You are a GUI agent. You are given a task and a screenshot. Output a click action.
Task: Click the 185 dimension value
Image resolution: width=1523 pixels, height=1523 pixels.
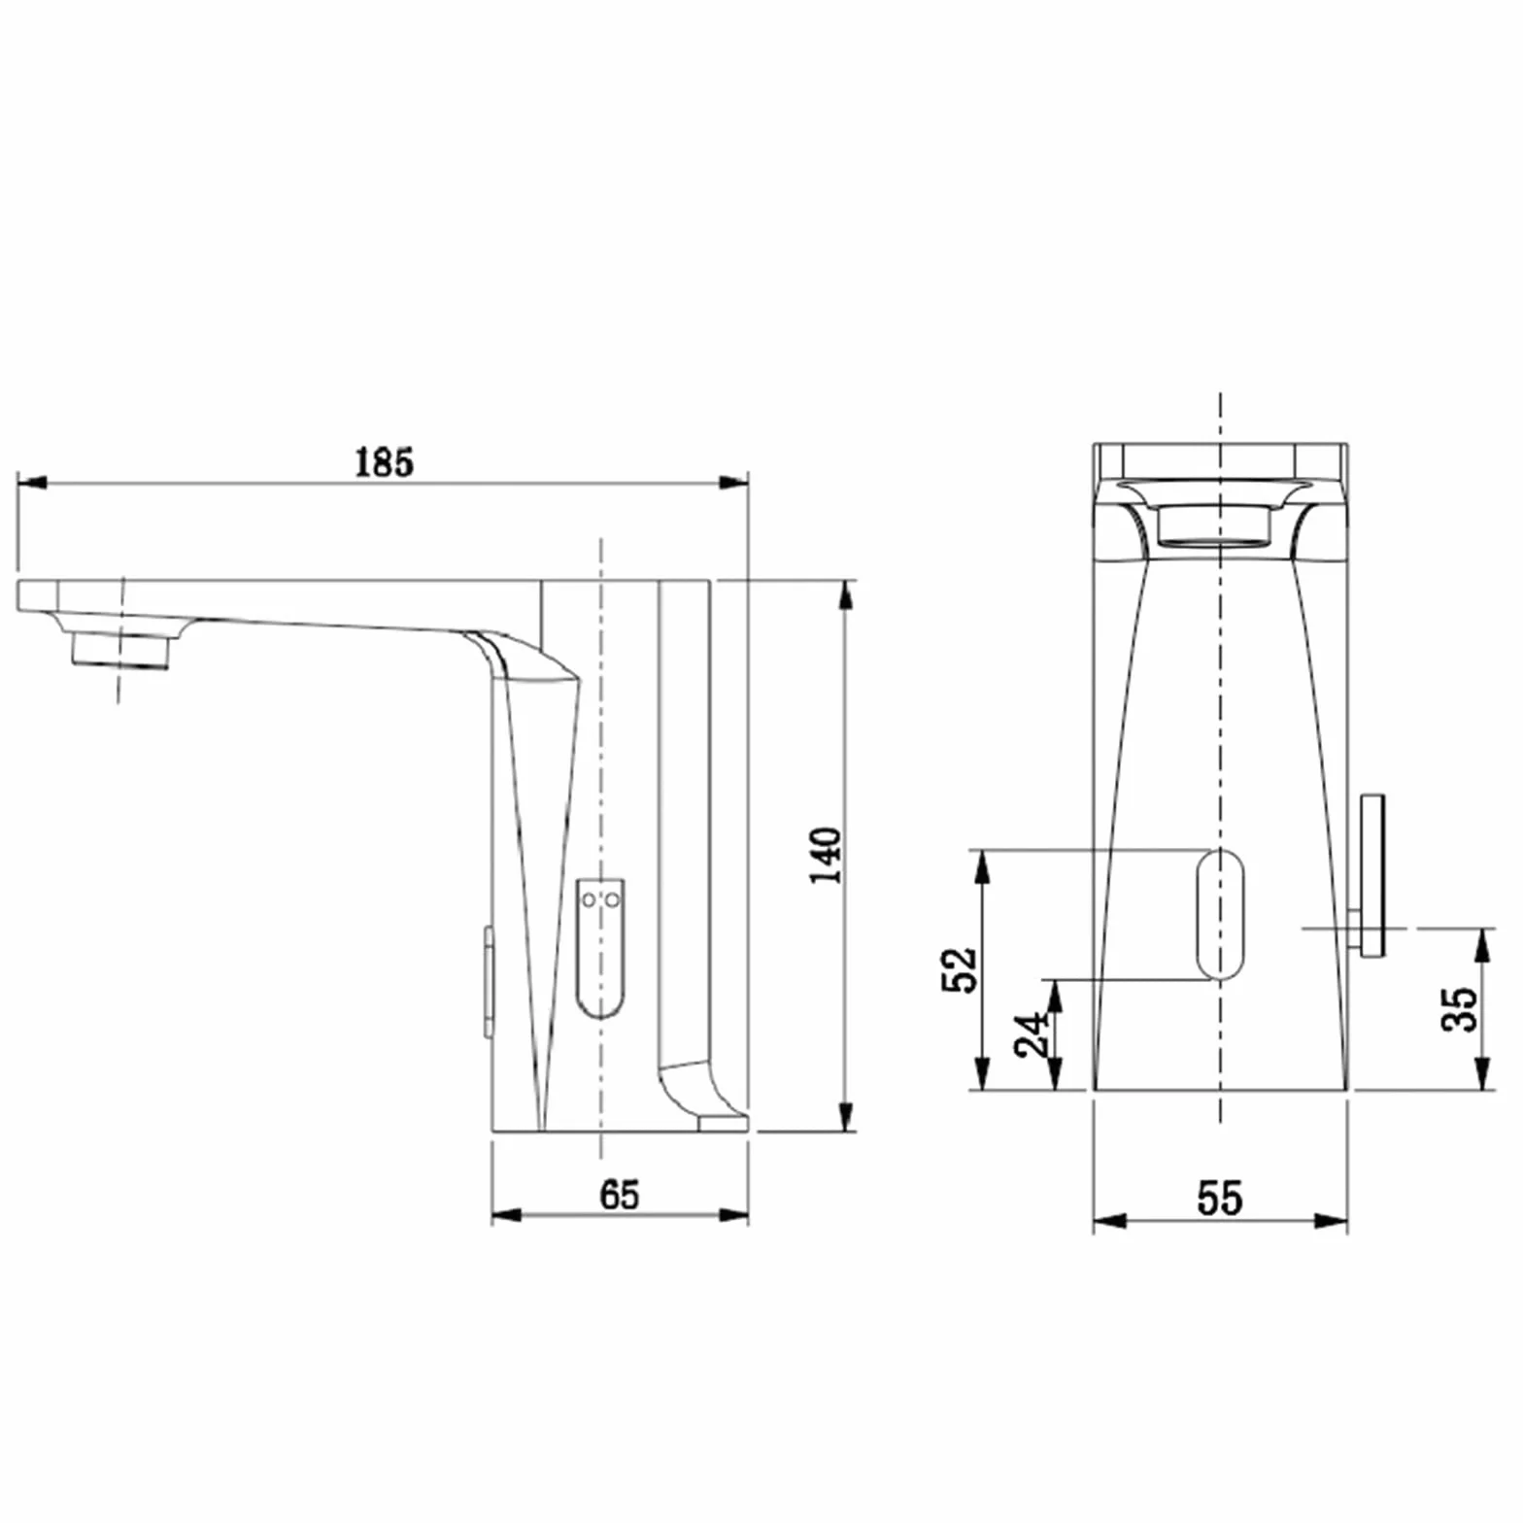click(x=384, y=462)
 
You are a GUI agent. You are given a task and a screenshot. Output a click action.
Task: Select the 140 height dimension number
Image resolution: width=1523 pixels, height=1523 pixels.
click(x=827, y=855)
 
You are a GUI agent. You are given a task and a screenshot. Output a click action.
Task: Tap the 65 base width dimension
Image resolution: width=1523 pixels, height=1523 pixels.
click(x=620, y=1195)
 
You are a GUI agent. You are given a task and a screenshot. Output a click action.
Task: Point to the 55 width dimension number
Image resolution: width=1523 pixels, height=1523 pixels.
click(x=1220, y=1198)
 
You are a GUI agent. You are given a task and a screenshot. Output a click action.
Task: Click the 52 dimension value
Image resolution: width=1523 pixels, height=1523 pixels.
click(x=959, y=969)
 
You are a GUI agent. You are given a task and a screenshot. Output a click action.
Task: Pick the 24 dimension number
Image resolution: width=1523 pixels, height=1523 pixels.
click(x=1032, y=1035)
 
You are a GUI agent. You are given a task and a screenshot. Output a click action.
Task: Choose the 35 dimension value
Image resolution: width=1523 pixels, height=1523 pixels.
click(x=1459, y=1009)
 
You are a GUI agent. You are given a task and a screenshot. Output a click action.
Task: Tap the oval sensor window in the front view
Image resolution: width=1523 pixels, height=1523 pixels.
click(x=1220, y=914)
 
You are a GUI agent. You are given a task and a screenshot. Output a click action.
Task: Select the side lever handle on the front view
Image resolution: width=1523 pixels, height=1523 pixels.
click(x=1371, y=875)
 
